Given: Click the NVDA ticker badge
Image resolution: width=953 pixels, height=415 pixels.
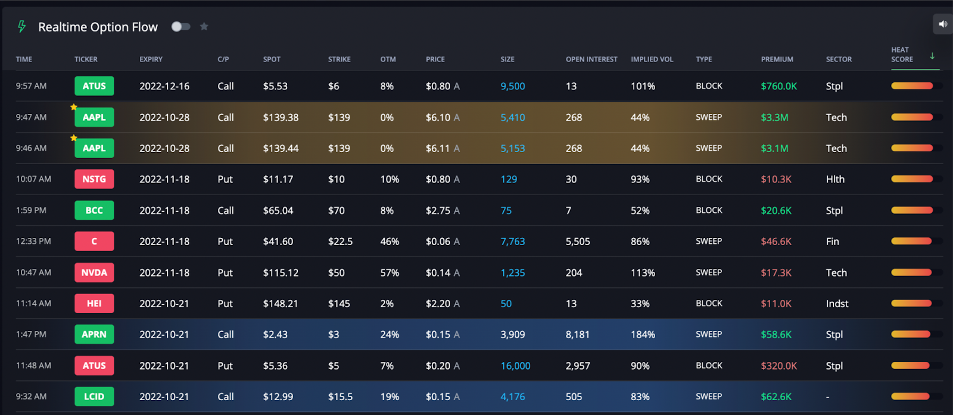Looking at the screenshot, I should click(94, 272).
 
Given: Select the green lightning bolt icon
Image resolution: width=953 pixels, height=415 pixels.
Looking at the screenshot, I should click(22, 27).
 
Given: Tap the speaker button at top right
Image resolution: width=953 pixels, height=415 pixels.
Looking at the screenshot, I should click(942, 24).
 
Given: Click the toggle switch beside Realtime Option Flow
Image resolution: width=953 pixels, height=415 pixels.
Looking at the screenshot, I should click(180, 26).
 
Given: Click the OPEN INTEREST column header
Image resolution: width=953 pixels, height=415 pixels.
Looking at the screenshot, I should click(591, 59).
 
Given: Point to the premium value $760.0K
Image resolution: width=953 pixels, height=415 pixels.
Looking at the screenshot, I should click(778, 86).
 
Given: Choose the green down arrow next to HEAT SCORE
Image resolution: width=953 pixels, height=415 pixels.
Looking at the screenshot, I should click(932, 56).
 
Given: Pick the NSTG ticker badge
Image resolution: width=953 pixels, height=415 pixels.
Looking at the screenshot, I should click(94, 179).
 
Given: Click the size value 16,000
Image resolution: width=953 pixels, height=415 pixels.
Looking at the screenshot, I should click(515, 366).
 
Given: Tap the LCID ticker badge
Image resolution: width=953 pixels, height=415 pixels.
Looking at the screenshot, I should click(94, 397).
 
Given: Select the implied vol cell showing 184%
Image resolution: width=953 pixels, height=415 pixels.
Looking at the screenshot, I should click(643, 335).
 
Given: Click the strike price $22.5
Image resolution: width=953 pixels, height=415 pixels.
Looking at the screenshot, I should click(340, 241).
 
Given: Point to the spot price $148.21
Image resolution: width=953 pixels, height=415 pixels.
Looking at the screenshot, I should click(280, 303).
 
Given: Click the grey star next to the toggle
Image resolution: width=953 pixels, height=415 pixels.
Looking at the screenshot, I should click(204, 26).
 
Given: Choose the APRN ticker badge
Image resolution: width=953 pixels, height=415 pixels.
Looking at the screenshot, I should click(94, 335).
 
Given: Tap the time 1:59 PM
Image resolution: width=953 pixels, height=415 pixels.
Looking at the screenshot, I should click(31, 210).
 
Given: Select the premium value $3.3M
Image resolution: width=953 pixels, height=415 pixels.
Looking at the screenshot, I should click(774, 117).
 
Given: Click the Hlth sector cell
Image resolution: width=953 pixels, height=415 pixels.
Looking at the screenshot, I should click(835, 179).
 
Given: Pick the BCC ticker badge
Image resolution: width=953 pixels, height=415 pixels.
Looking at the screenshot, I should click(94, 210).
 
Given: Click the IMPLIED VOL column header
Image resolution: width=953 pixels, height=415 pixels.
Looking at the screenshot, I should click(652, 59).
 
